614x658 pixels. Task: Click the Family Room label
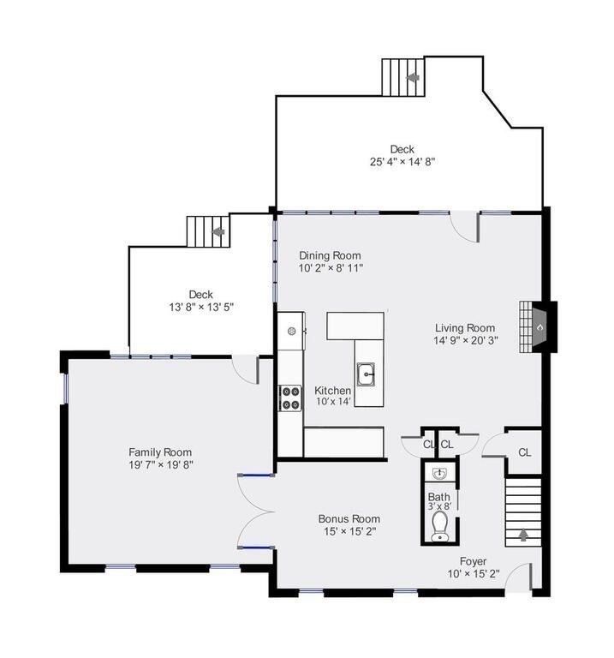point(160,452)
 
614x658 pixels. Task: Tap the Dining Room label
point(330,255)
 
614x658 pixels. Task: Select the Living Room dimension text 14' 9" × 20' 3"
point(466,340)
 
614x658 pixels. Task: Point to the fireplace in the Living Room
point(540,326)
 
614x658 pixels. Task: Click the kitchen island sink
point(367,374)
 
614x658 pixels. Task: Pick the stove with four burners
point(290,398)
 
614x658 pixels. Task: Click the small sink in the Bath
point(439,474)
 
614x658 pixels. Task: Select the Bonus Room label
point(349,518)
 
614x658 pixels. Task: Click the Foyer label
point(473,561)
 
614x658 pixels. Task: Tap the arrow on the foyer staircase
point(524,535)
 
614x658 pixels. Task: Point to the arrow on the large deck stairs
point(414,78)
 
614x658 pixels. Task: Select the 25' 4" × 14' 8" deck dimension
point(402,161)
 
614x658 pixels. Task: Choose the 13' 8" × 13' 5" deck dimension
point(200,307)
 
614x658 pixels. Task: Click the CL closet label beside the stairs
point(524,452)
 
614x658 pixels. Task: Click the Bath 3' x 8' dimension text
point(439,506)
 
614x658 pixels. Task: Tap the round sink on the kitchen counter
point(292,330)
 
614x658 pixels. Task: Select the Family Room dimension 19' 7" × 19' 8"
point(160,465)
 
